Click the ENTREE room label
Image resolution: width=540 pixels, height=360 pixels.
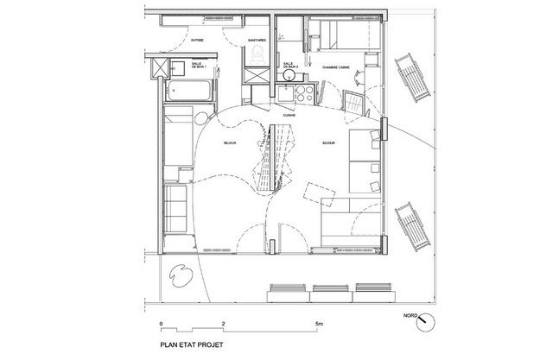tap(196, 40)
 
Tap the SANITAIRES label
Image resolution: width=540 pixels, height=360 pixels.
tap(256, 40)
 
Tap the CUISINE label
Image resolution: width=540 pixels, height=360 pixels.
tap(302, 115)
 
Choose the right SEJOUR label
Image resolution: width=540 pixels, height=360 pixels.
tap(329, 143)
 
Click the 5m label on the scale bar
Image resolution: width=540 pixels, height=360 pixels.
tap(319, 324)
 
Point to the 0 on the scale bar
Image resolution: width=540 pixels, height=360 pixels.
tap(162, 324)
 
